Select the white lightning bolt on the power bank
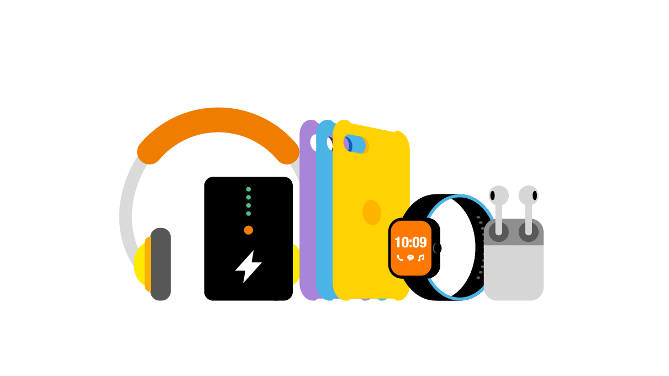click(x=248, y=267)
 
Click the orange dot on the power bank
click(x=249, y=230)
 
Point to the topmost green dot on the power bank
click(x=249, y=189)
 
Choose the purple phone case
click(x=307, y=221)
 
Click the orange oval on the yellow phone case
click(x=372, y=213)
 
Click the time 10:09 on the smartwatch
click(x=410, y=242)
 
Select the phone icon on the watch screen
click(x=400, y=258)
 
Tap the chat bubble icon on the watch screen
click(x=410, y=258)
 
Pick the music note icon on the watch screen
click(x=421, y=258)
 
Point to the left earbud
click(x=498, y=196)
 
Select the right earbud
click(x=528, y=196)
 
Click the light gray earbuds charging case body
click(x=514, y=273)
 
